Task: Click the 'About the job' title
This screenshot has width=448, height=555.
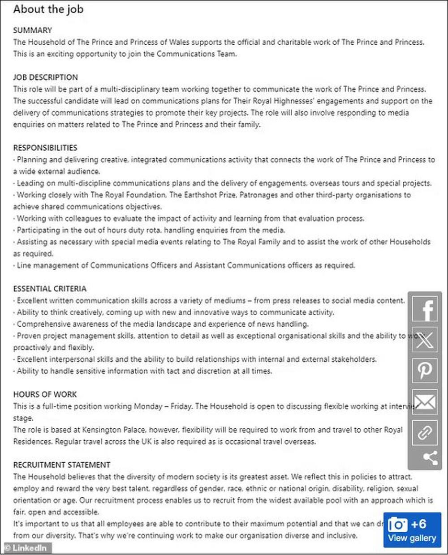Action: [x=48, y=9]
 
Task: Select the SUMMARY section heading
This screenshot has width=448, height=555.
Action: [x=32, y=30]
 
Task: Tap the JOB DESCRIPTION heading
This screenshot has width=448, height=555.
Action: [x=45, y=77]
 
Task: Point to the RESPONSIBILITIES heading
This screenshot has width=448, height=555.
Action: [x=45, y=148]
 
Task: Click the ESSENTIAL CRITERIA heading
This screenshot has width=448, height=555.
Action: [x=49, y=289]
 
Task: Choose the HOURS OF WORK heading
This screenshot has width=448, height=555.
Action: [x=45, y=395]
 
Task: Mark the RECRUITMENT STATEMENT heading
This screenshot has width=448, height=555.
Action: [x=61, y=465]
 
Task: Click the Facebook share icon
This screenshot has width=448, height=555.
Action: [x=425, y=309]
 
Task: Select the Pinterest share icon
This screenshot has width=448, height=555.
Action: [x=425, y=371]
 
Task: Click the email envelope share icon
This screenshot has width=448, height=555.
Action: [x=425, y=402]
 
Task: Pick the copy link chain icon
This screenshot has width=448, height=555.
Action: [x=425, y=433]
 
